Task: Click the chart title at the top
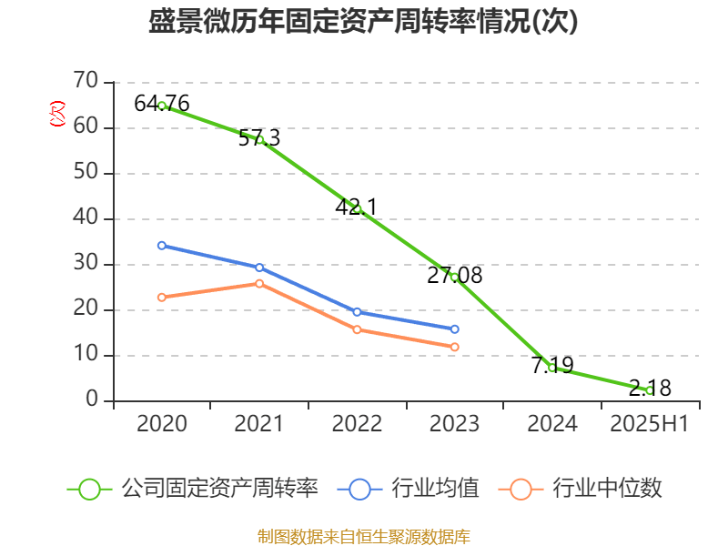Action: tap(364, 22)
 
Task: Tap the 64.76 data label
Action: tap(162, 104)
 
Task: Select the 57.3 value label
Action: tap(259, 138)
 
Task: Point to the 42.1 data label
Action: tap(356, 207)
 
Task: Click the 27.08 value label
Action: tap(454, 275)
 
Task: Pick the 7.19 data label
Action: tap(552, 366)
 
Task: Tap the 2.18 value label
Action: tap(650, 389)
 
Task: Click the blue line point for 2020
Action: tap(161, 246)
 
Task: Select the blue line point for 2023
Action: tap(454, 329)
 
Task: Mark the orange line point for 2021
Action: tap(259, 284)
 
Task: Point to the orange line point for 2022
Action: tap(357, 329)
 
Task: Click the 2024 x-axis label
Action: tap(552, 424)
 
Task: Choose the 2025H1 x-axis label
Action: tap(649, 424)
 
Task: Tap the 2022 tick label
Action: tap(357, 424)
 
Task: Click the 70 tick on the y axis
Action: tap(86, 82)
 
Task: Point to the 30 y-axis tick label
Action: tap(86, 264)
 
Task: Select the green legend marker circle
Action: tap(89, 489)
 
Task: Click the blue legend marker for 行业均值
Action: tap(359, 489)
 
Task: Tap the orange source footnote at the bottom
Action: tap(364, 536)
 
